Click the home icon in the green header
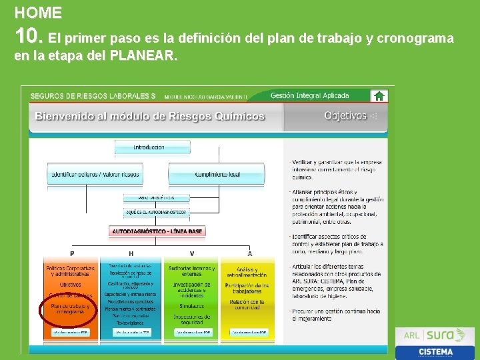379,96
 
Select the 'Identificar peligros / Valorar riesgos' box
95,175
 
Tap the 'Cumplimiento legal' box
217,175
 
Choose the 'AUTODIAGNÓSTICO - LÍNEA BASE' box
157,231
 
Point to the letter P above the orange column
72,253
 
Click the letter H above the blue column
131,253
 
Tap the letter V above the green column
192,253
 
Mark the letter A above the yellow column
249,253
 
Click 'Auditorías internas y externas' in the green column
191,271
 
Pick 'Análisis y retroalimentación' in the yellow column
247,272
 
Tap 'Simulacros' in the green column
191,305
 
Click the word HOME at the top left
38,13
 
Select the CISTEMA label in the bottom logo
436,351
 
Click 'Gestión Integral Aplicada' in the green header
309,96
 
